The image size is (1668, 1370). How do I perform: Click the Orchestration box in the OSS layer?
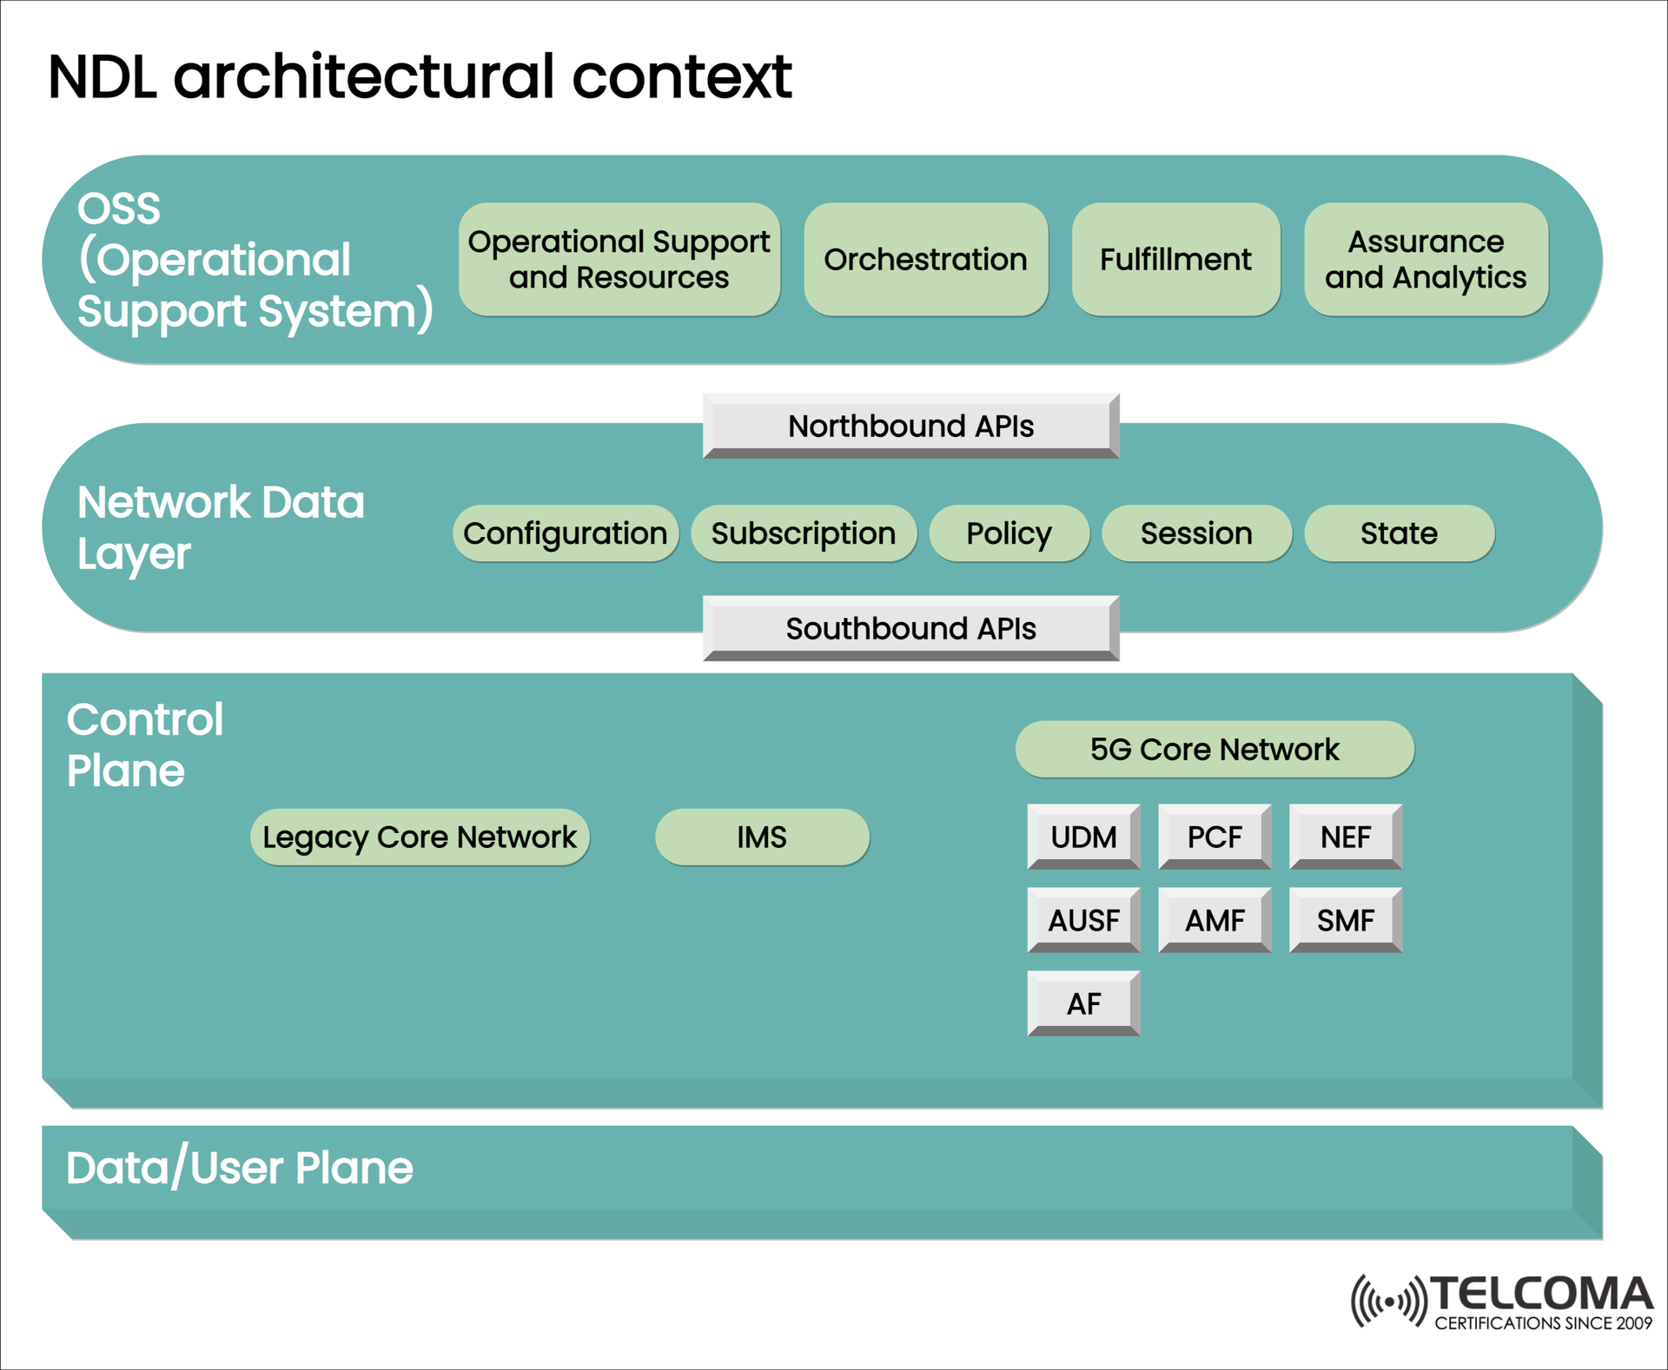[x=925, y=259]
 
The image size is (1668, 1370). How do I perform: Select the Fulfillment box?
[x=1175, y=259]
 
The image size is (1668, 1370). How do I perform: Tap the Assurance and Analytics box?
[x=1426, y=259]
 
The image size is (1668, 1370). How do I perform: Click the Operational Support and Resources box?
[x=619, y=259]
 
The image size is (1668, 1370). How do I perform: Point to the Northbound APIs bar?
[x=910, y=426]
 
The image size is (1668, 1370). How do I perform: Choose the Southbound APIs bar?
[x=910, y=628]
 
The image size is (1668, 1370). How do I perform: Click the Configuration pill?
[x=565, y=533]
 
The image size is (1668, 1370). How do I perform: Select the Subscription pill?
[x=804, y=533]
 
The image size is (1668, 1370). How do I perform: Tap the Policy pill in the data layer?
[x=1009, y=533]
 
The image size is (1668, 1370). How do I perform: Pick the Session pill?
[x=1196, y=533]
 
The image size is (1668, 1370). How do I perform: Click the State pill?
[x=1399, y=533]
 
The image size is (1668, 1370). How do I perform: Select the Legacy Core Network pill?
[x=420, y=837]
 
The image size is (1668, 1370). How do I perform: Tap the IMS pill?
[x=762, y=837]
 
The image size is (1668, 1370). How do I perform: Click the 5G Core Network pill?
[x=1215, y=749]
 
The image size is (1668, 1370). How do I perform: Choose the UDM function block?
[x=1083, y=837]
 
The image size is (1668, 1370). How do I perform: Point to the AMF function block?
[x=1215, y=920]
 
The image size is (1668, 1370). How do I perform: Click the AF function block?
[x=1083, y=1003]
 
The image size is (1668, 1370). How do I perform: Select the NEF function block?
[x=1346, y=837]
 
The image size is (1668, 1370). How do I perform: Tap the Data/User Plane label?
[x=240, y=1168]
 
